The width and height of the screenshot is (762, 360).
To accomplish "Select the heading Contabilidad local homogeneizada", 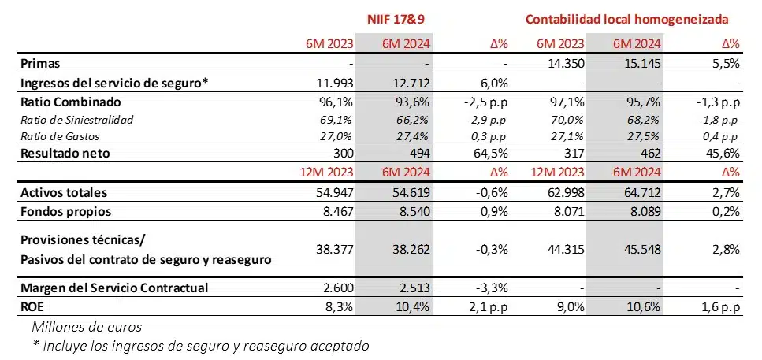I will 626,18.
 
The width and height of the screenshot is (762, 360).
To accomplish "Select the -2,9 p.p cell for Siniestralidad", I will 485,120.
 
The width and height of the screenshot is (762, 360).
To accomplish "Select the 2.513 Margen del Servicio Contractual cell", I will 411,288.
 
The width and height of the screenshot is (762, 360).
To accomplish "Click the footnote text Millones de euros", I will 83,325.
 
